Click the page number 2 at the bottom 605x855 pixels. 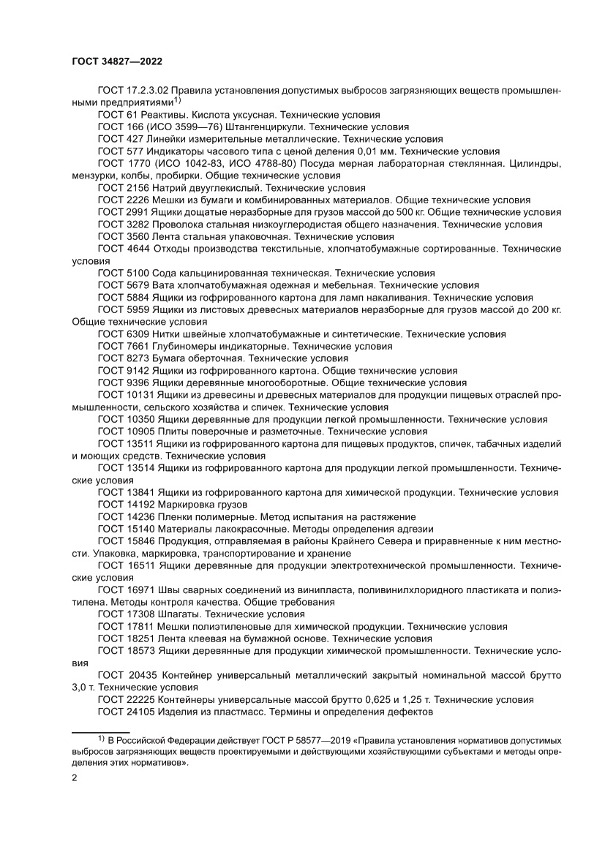point(75,777)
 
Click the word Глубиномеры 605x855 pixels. point(187,345)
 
